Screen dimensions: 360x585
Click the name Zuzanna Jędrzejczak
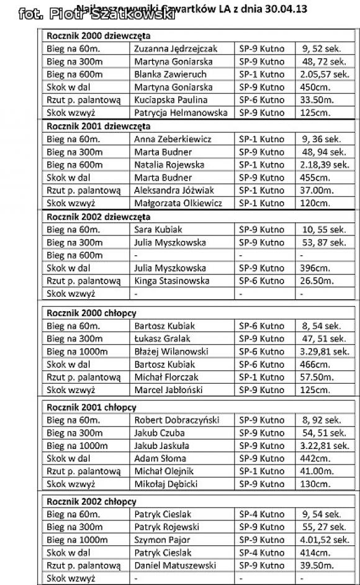(x=176, y=48)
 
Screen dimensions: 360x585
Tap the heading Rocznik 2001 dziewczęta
(x=99, y=126)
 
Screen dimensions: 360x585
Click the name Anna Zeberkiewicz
(x=173, y=139)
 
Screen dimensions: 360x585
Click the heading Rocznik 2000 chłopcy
(x=92, y=313)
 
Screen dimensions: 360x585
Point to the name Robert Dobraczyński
(x=177, y=420)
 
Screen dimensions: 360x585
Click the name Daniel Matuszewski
(x=175, y=565)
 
